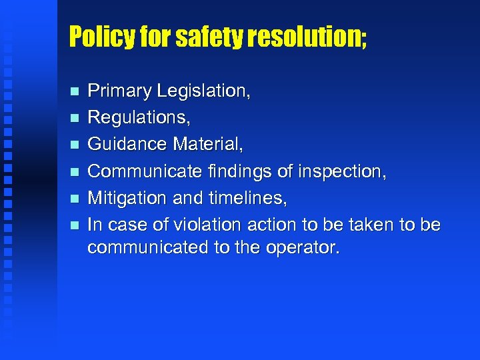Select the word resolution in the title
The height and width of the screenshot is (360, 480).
(304, 37)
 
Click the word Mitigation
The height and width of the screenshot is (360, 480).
(127, 198)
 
